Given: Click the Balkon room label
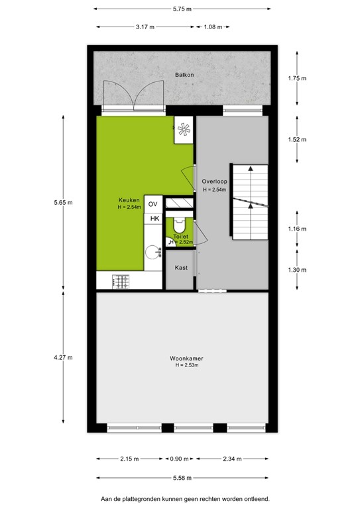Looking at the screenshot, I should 184,76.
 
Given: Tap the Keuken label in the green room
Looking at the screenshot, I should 129,200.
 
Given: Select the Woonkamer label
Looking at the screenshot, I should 186,359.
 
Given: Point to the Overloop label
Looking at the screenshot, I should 214,181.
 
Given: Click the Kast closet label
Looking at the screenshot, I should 180,268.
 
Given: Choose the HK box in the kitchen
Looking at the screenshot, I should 154,219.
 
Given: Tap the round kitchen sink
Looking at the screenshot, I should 154,252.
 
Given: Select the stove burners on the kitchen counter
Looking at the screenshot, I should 121,281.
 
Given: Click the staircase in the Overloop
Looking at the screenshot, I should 249,201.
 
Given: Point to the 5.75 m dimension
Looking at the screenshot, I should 182,9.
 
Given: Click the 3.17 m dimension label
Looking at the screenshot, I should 145,27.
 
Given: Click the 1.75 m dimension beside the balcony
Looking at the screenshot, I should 298,78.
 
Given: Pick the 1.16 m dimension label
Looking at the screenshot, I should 298,229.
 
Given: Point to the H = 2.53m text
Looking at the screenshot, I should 187,365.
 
